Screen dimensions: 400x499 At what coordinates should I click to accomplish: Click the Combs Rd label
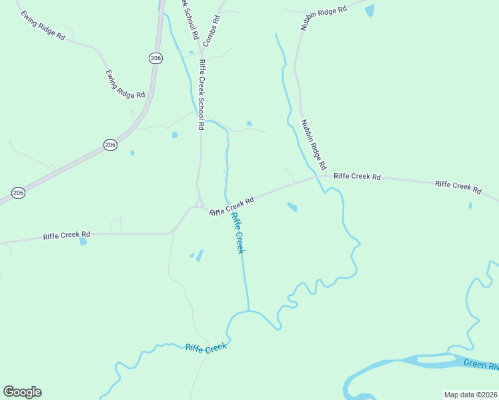211,31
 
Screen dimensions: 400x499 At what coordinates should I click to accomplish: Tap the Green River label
481,365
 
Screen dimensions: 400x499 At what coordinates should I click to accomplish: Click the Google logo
22,392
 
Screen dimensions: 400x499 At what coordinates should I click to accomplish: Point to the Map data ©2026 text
470,395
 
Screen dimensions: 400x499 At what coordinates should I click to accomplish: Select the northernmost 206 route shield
155,59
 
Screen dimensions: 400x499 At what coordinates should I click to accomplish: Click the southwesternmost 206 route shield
18,193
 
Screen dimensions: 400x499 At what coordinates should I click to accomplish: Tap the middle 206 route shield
111,145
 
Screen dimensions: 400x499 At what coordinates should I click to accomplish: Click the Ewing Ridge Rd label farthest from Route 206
42,25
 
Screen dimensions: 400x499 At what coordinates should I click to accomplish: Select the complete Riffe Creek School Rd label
201,94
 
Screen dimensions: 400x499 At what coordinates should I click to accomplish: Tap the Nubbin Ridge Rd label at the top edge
325,19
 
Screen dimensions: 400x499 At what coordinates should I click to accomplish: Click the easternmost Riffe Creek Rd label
458,187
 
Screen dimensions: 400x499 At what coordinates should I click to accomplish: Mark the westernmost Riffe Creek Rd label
67,235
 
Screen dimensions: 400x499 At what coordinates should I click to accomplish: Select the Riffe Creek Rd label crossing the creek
231,206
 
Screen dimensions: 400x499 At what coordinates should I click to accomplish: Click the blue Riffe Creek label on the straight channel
238,233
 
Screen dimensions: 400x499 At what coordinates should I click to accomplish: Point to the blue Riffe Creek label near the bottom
207,348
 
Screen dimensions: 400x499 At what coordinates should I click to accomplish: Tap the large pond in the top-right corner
370,10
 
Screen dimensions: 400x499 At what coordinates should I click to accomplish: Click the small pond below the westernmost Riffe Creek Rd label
83,241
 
